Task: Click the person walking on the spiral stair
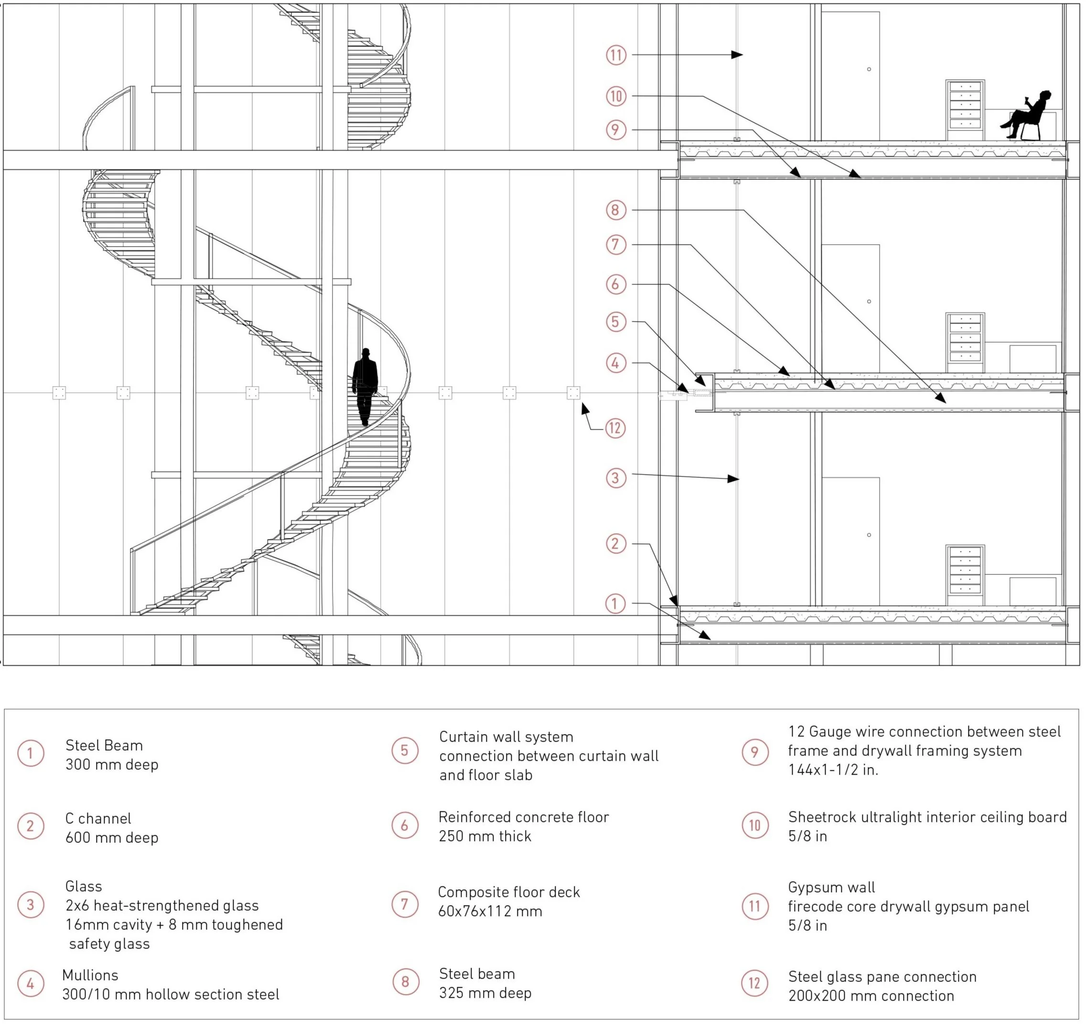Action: pyautogui.click(x=365, y=385)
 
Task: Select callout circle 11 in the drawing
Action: pyautogui.click(x=616, y=55)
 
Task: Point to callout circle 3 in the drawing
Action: pyautogui.click(x=616, y=478)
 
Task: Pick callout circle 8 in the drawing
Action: pyautogui.click(x=616, y=210)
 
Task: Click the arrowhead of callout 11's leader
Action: pyautogui.click(x=738, y=54)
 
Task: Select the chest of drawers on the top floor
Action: pyautogui.click(x=965, y=110)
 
